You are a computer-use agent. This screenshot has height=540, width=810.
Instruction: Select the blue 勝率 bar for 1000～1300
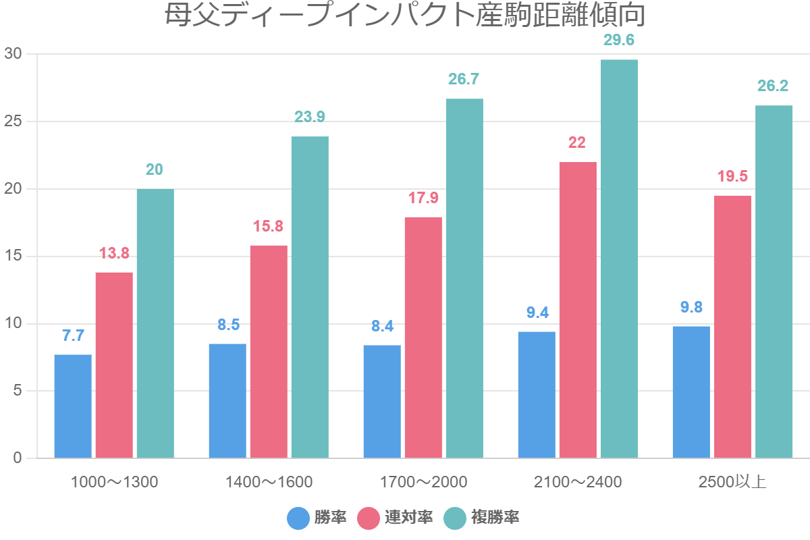coord(73,406)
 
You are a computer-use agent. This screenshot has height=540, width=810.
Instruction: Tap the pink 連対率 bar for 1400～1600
coord(269,352)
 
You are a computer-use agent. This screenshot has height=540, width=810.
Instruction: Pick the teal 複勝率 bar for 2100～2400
coord(619,259)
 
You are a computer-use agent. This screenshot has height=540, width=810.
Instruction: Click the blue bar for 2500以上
coord(691,392)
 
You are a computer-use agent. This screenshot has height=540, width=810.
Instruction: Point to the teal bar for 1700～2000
coord(464,278)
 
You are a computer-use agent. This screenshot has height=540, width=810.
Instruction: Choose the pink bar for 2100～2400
coord(578,310)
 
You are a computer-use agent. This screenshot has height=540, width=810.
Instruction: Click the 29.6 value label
coord(619,40)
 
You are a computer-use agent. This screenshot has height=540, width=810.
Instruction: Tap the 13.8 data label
coord(114,254)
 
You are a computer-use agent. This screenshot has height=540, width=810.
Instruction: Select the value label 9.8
coord(691,307)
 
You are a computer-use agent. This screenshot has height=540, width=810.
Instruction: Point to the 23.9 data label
coord(310,117)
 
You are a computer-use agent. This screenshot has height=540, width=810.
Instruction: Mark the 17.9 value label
coord(423,198)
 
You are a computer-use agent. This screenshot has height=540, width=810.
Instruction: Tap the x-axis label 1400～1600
coord(269,482)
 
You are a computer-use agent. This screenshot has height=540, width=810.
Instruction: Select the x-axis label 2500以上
coord(732,482)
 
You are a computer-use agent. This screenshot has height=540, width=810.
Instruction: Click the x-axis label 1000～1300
coord(114,482)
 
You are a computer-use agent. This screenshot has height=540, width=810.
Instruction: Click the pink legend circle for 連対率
coord(368,518)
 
